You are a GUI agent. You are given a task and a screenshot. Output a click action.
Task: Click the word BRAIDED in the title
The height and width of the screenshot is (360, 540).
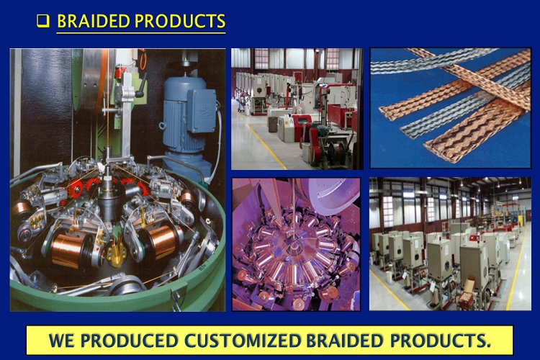[x=94, y=21]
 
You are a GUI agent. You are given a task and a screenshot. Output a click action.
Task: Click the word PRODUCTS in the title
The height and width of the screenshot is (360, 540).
[x=180, y=21]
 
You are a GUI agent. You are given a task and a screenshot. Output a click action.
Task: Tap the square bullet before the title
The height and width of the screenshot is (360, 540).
[x=43, y=21]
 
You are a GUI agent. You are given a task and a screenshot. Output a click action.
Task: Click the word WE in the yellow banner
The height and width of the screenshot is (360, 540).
[x=61, y=341]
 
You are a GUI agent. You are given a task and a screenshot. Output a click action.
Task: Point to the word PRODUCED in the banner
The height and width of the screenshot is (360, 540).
[x=129, y=341]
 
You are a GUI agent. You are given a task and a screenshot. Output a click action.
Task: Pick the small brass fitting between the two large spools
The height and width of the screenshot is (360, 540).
[x=116, y=254]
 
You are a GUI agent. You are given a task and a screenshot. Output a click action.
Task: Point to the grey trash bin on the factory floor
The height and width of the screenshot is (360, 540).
[x=272, y=125]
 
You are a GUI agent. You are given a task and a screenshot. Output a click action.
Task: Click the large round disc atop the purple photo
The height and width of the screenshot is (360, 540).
[x=331, y=197]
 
